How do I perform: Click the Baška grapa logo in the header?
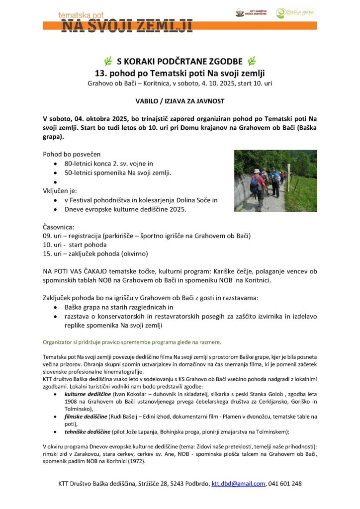(x=296, y=13)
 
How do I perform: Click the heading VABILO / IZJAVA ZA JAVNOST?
(x=180, y=101)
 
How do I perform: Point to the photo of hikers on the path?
(x=275, y=181)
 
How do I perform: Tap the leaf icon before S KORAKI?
(x=108, y=61)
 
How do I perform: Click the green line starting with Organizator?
(x=132, y=342)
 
